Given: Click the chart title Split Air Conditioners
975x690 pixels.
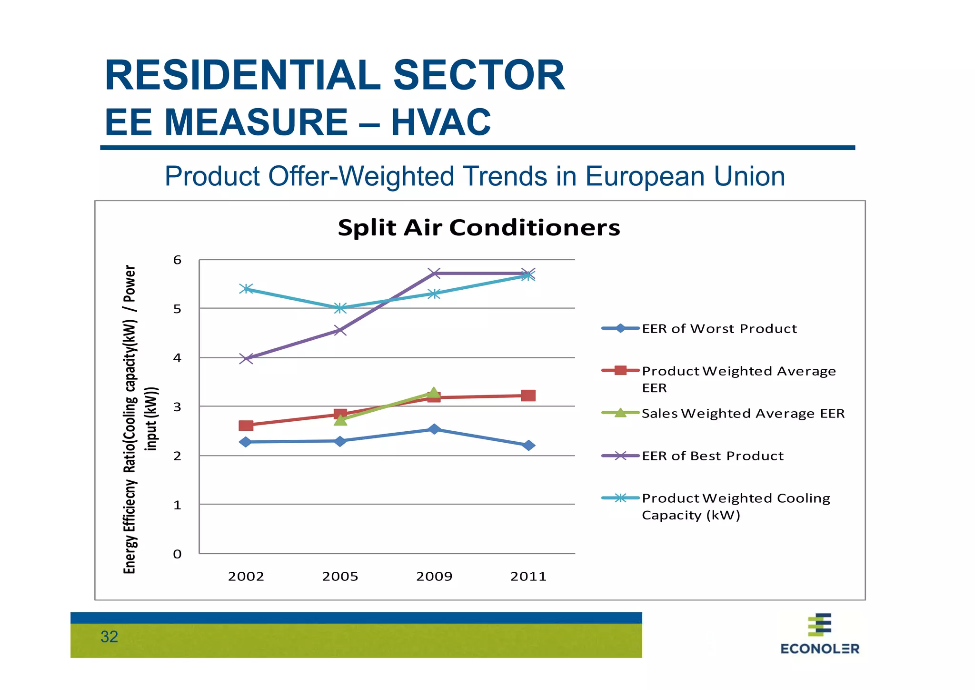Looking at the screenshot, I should point(478,228).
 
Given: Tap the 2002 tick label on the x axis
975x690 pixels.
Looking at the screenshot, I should point(246,577).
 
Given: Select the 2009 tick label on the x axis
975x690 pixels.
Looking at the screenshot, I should point(434,577).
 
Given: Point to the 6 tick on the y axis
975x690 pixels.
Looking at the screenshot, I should point(178,260).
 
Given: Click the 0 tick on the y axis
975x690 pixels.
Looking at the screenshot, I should point(178,554).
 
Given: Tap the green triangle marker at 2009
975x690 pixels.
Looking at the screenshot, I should point(433,393).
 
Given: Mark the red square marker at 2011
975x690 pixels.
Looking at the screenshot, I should point(528,396).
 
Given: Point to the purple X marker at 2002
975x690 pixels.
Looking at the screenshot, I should point(246,359).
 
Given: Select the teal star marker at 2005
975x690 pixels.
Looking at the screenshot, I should point(340,308).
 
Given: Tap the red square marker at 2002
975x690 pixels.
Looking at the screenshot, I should point(246,426).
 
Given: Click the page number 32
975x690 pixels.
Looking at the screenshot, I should point(109,637).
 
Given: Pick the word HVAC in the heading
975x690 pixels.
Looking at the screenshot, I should point(441,122).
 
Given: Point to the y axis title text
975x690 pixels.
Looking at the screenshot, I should point(139,419).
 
